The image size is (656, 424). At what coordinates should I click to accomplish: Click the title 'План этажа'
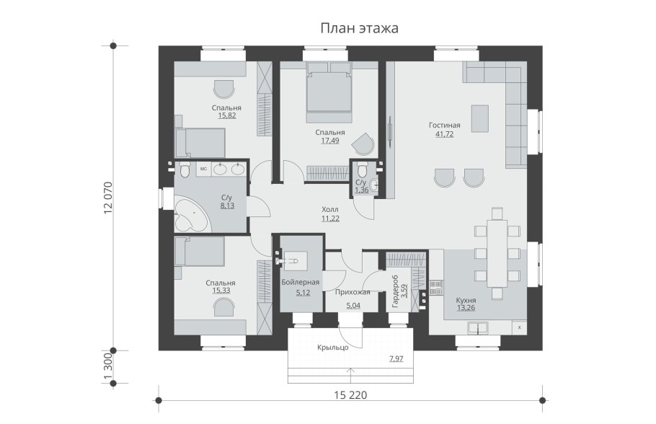pyautogui.click(x=359, y=28)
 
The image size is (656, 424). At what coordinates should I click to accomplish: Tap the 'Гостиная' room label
pyautogui.click(x=444, y=125)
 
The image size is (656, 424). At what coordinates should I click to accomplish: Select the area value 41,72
pyautogui.click(x=444, y=134)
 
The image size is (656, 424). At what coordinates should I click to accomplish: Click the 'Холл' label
pyautogui.click(x=330, y=209)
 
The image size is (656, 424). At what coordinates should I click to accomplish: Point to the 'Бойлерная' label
pyautogui.click(x=301, y=282)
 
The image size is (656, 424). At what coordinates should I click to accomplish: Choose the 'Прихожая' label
pyautogui.click(x=353, y=292)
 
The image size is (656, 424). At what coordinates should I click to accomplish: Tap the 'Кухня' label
pyautogui.click(x=466, y=301)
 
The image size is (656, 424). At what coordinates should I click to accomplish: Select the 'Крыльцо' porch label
pyautogui.click(x=332, y=347)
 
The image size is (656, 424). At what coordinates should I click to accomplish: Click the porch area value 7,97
pyautogui.click(x=396, y=358)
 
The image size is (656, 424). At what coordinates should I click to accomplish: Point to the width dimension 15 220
pyautogui.click(x=350, y=394)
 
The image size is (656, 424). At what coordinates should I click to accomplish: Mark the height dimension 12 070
pyautogui.click(x=107, y=198)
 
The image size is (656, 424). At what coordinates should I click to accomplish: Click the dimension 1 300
pyautogui.click(x=107, y=367)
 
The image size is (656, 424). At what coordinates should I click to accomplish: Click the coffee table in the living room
pyautogui.click(x=479, y=118)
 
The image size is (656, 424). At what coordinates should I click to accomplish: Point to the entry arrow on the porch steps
pyautogui.click(x=350, y=376)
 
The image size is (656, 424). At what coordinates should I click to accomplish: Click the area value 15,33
pyautogui.click(x=221, y=291)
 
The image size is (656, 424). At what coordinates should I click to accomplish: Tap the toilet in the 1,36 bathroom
pyautogui.click(x=363, y=170)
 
